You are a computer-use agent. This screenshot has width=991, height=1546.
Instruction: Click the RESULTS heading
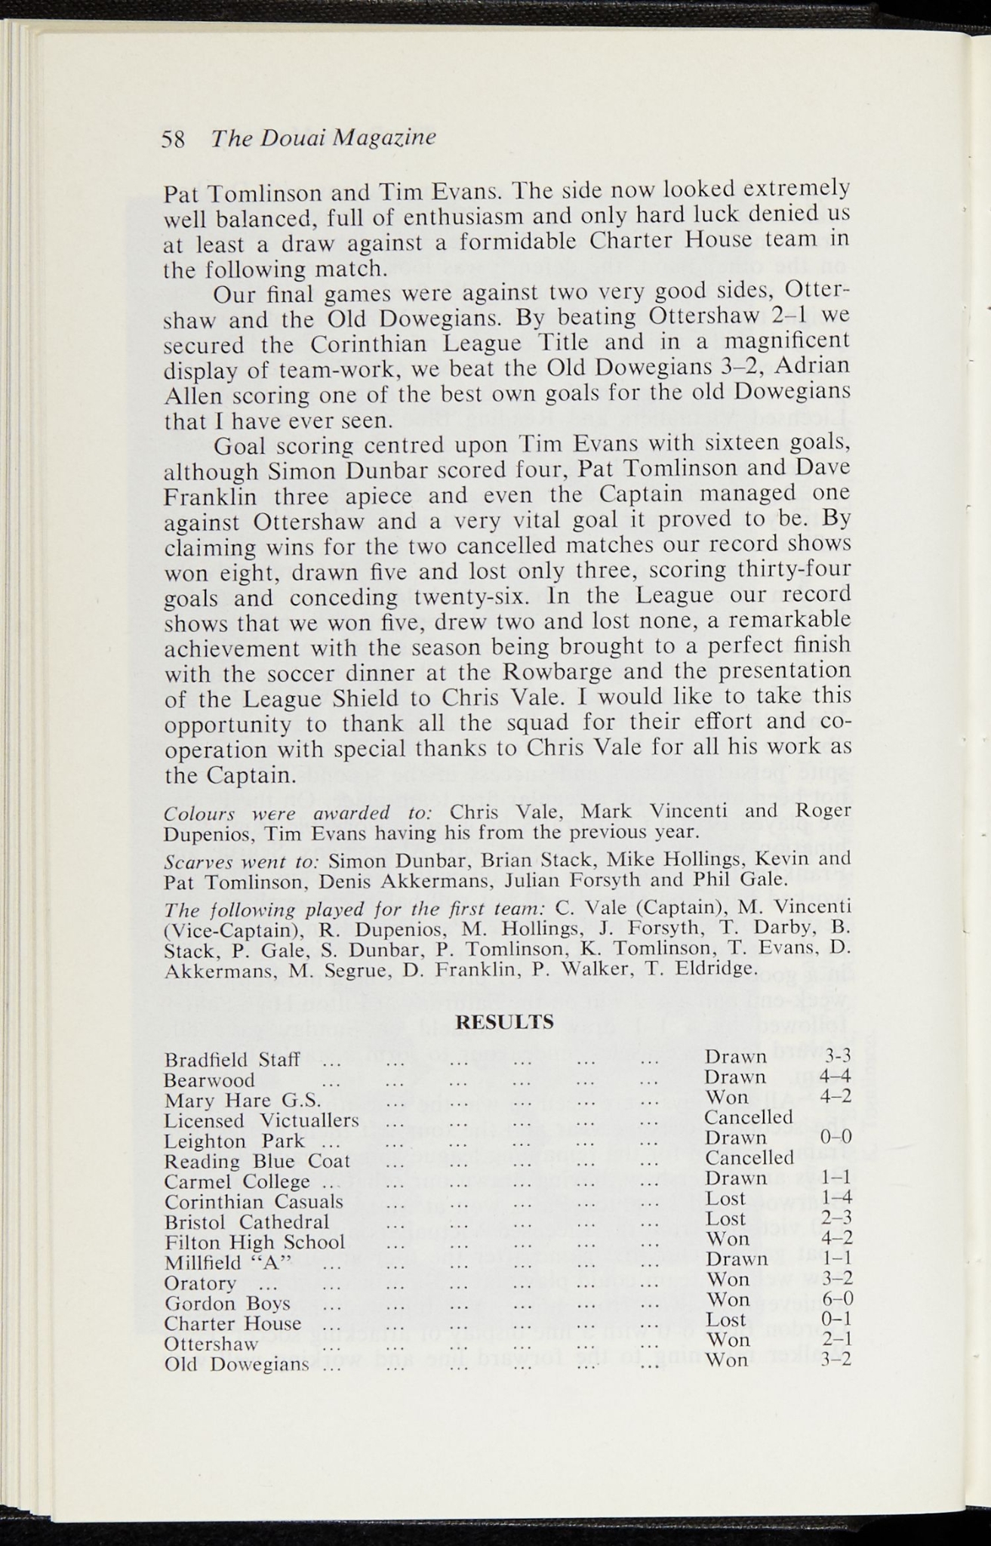(506, 1024)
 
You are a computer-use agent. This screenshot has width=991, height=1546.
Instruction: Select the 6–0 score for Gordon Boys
(836, 1300)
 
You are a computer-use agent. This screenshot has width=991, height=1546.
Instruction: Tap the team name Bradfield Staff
(232, 1059)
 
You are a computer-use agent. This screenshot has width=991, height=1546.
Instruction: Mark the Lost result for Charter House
(725, 1320)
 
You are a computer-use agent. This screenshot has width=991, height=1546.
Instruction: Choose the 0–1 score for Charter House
(836, 1320)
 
